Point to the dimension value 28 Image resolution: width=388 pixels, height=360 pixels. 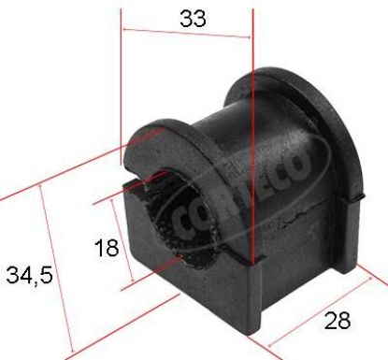pos(338,321)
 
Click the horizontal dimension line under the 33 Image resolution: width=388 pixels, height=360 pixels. pos(187,34)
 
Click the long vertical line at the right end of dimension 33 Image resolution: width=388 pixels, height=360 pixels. pos(252,140)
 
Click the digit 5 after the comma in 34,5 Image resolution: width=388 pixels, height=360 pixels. pos(43,276)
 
